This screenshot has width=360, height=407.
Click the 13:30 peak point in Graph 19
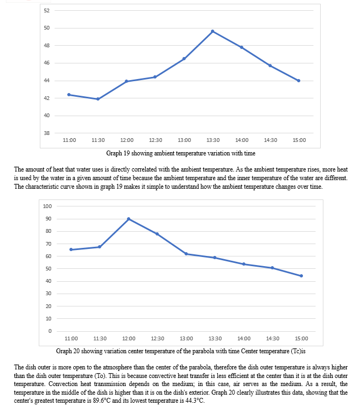(x=213, y=31)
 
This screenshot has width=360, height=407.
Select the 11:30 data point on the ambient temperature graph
(x=98, y=99)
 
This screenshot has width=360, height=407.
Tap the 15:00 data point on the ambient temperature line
(x=299, y=81)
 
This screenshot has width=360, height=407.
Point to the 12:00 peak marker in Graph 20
(x=129, y=219)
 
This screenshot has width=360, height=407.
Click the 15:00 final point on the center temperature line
(x=301, y=276)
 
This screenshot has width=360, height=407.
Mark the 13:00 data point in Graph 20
(x=186, y=254)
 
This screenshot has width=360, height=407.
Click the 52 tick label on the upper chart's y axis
(x=47, y=11)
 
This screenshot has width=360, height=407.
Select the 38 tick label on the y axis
(x=47, y=133)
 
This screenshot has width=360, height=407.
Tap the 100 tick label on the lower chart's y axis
(x=47, y=206)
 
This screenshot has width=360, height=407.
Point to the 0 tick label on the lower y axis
(x=50, y=331)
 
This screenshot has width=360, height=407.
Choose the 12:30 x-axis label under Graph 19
(x=156, y=140)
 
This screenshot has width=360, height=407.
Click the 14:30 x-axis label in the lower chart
(x=273, y=339)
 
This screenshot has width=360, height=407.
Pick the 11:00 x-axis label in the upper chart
(x=69, y=140)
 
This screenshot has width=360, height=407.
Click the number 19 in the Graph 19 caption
(x=126, y=153)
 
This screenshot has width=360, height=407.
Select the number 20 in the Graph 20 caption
(x=76, y=351)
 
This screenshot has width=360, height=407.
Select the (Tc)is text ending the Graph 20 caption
(x=298, y=351)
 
